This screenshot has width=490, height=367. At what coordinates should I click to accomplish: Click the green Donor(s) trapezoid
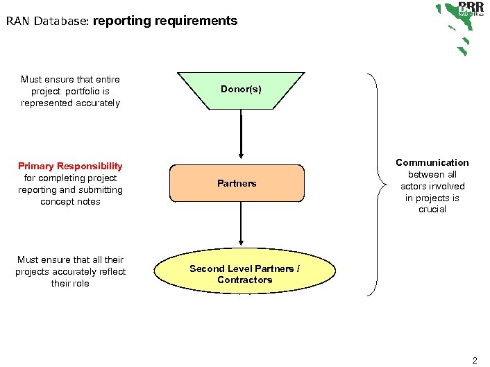pos(241,89)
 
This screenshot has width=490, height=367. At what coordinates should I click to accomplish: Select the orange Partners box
pos(237,183)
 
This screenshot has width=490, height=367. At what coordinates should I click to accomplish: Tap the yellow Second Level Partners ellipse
pos(244,274)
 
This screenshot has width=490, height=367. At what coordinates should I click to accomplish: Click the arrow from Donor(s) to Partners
pos(241,135)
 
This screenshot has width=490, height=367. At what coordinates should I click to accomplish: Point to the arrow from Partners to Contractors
pos(241,223)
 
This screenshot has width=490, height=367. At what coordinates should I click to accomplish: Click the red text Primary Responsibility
pos(70,167)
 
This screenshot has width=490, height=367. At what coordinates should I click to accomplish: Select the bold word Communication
pos(432,162)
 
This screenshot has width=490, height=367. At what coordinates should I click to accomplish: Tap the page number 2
pos(475,360)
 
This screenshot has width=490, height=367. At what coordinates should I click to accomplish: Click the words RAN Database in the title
pos(47,21)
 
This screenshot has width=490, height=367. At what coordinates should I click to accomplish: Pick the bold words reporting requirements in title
pos(165,21)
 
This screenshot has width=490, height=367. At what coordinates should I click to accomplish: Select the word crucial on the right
pos(432,210)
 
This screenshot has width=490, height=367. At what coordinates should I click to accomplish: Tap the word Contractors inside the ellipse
pos(244,280)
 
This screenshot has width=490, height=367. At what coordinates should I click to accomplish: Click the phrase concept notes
pos(70,202)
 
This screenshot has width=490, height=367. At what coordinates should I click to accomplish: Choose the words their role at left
pos(70,284)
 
